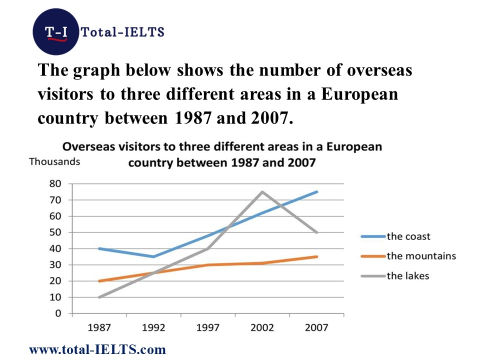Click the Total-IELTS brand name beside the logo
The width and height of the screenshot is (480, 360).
(122, 32)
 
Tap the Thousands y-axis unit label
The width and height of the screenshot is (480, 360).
(54, 161)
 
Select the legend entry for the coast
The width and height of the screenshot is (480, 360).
(408, 236)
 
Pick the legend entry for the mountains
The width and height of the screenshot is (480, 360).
(421, 256)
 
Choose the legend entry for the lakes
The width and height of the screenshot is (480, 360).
(407, 275)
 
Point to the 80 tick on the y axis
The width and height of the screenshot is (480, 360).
(55, 183)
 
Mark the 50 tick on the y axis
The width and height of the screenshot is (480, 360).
(55, 232)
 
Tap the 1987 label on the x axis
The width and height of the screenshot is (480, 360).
(99, 328)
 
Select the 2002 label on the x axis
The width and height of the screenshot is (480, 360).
(262, 328)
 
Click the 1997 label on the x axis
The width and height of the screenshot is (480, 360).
(208, 328)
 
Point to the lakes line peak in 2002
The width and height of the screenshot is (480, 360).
(262, 191)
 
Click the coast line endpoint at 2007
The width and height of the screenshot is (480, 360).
(316, 191)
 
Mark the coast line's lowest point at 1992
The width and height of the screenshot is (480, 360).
(153, 256)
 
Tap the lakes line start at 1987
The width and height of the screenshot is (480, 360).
(99, 297)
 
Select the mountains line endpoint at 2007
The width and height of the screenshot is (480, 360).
(316, 256)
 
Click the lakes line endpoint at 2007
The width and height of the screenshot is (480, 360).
(316, 232)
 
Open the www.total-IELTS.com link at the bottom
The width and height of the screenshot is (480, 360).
(97, 349)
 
